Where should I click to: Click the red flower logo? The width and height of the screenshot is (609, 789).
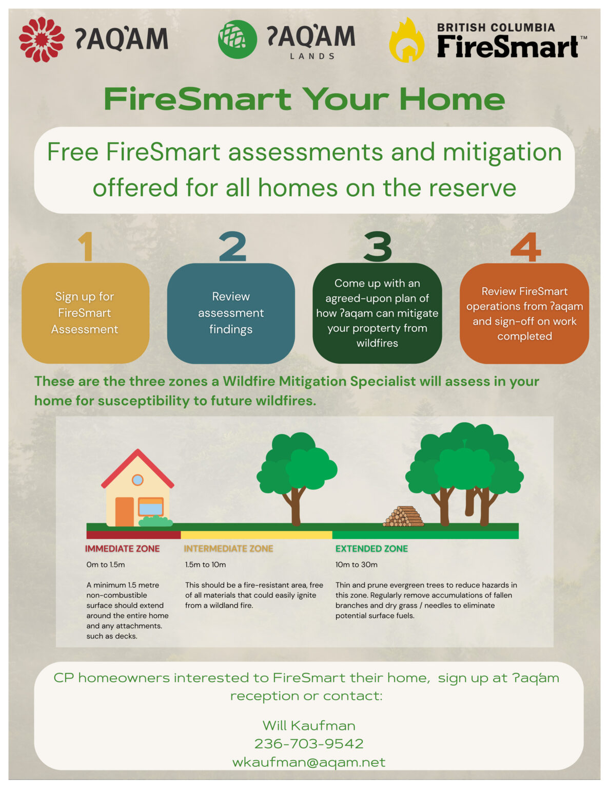[42, 39]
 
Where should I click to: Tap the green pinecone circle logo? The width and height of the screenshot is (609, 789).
[238, 39]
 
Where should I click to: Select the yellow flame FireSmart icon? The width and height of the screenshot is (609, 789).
[407, 40]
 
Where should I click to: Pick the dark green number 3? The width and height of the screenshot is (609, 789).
[378, 247]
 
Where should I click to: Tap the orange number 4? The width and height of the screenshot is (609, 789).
[525, 247]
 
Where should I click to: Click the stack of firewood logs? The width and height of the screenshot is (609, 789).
[403, 516]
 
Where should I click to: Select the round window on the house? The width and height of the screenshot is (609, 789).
[137, 480]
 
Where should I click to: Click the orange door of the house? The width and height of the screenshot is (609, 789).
[124, 512]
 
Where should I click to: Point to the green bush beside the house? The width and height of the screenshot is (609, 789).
[155, 521]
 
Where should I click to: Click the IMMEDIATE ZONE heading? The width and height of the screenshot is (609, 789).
[122, 549]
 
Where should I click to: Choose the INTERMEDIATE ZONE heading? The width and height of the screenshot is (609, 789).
[228, 549]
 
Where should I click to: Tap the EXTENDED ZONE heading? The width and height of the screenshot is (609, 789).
[371, 549]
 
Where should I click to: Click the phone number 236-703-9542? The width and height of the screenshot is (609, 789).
[309, 744]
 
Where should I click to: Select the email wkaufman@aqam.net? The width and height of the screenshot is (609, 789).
[309, 762]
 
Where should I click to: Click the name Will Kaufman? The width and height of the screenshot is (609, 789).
[309, 725]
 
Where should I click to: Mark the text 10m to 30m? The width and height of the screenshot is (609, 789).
[357, 565]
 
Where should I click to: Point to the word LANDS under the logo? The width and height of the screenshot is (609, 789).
[312, 57]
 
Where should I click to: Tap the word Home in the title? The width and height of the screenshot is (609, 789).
[452, 99]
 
